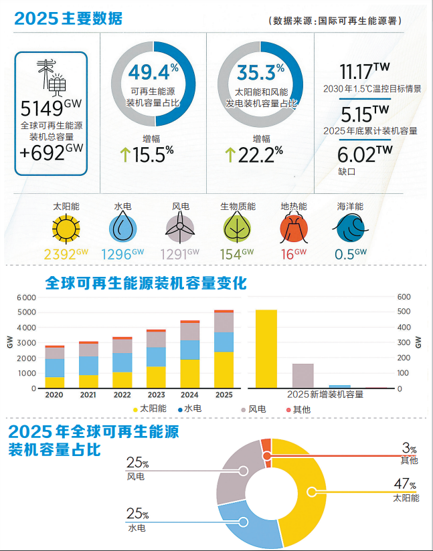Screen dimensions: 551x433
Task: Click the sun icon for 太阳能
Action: pyautogui.click(x=66, y=229)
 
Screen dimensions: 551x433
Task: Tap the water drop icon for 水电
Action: pyautogui.click(x=122, y=229)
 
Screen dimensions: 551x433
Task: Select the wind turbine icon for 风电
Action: pyautogui.click(x=180, y=229)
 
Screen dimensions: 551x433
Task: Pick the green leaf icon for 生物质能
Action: pyautogui.click(x=237, y=229)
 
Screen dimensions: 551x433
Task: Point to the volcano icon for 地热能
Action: pyautogui.click(x=293, y=229)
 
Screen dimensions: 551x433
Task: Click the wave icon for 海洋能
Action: pyautogui.click(x=349, y=229)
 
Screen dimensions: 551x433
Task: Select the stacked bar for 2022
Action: pyautogui.click(x=122, y=362)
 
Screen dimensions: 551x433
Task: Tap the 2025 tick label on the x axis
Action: pyautogui.click(x=224, y=395)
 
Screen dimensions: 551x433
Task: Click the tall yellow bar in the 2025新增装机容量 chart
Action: pyautogui.click(x=266, y=348)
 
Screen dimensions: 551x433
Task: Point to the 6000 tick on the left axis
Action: pyautogui.click(x=26, y=297)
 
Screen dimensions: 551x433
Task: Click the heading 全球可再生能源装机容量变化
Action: pyautogui.click(x=145, y=283)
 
